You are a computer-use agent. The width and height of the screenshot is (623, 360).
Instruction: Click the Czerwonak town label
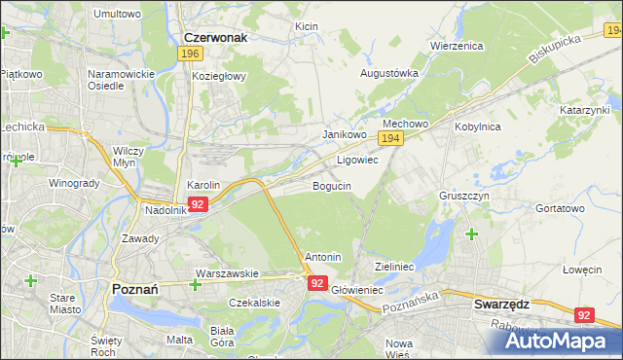click(x=215, y=37)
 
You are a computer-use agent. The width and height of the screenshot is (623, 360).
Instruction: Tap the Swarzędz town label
click(x=500, y=304)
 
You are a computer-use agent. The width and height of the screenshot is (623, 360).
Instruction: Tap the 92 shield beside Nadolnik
click(x=198, y=204)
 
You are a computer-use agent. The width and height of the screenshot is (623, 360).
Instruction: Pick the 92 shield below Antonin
click(x=317, y=282)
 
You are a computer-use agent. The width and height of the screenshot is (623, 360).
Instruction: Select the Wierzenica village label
click(x=457, y=46)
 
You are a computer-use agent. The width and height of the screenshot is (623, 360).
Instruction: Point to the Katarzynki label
click(x=583, y=111)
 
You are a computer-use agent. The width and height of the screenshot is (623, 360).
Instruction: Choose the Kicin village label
click(x=307, y=25)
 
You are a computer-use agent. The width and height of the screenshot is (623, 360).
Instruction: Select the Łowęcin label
click(x=583, y=270)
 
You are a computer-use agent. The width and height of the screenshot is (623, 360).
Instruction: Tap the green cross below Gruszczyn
click(x=472, y=234)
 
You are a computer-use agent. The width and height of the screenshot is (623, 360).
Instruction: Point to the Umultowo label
click(x=116, y=15)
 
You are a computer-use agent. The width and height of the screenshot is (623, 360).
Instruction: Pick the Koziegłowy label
click(x=219, y=76)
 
